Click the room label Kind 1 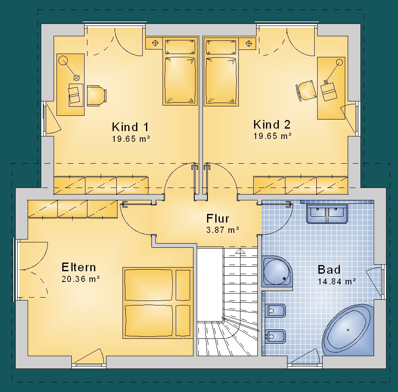(130, 127)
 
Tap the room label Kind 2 (272, 124)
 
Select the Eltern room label (79, 267)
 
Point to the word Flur (218, 218)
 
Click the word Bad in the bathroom (329, 270)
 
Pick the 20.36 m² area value (80, 279)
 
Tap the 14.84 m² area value (337, 282)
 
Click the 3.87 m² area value (223, 230)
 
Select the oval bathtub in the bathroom (348, 330)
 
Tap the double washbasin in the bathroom (327, 214)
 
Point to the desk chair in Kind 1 (96, 95)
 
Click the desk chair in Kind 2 (306, 91)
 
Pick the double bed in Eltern (158, 303)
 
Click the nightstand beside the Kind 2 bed (247, 43)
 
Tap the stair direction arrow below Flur (240, 251)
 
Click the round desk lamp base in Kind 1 (63, 61)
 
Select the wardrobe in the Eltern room (72, 209)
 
